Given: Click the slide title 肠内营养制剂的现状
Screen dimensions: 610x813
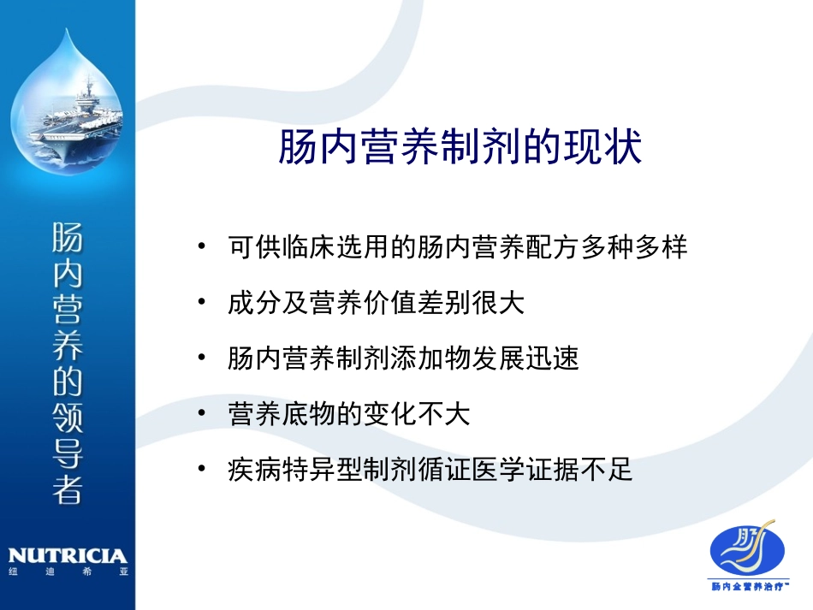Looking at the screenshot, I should click(x=460, y=147).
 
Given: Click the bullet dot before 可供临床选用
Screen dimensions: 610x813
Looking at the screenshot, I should click(x=202, y=247).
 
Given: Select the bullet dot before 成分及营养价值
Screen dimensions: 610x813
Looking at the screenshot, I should click(x=202, y=303).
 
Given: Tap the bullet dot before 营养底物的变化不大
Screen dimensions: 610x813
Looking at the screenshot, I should click(x=202, y=414).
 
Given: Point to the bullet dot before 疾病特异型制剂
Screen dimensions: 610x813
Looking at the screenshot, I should click(x=202, y=469).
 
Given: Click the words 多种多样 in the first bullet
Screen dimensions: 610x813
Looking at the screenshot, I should click(x=637, y=248).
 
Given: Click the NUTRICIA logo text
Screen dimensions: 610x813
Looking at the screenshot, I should click(x=66, y=556).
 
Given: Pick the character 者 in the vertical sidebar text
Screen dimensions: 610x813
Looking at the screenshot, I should click(x=67, y=488).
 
